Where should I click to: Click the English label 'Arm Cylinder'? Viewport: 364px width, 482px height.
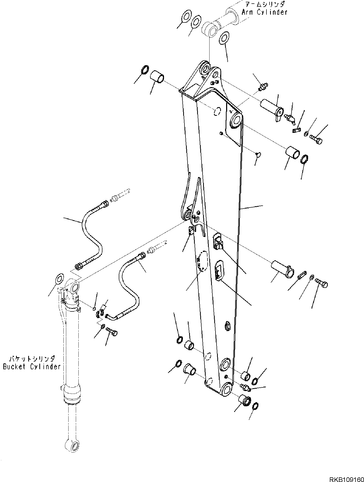click(x=264, y=12)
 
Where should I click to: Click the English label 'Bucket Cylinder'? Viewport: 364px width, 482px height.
click(x=32, y=366)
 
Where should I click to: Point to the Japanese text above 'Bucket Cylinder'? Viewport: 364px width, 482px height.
click(x=32, y=359)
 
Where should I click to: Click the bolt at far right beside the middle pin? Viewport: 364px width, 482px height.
click(x=322, y=284)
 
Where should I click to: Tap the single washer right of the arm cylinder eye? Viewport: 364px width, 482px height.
click(x=224, y=38)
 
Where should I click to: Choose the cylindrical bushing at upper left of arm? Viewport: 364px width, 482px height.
click(x=157, y=77)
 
